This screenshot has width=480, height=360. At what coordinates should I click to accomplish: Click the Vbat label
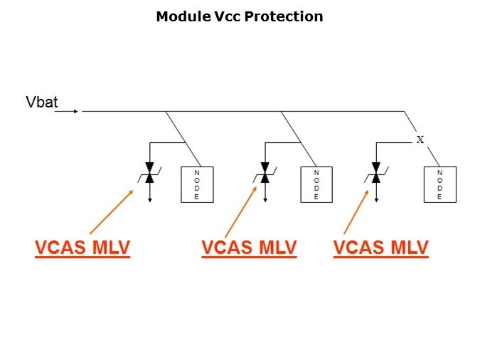tap(41, 102)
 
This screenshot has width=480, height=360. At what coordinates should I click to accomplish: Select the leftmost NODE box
tap(197, 184)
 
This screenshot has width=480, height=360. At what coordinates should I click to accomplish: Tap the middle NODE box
tap(316, 184)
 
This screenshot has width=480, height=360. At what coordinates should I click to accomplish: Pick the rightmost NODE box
tap(439, 184)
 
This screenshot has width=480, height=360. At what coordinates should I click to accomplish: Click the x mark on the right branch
tap(420, 139)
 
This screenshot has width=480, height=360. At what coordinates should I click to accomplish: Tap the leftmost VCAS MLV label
tap(82, 248)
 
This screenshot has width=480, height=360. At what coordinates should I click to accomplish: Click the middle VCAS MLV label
tap(249, 248)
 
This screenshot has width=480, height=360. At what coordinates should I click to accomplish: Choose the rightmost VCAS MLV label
tap(380, 248)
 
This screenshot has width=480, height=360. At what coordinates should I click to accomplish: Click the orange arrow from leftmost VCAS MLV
tap(112, 211)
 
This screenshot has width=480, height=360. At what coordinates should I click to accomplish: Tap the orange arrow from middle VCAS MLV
tap(240, 211)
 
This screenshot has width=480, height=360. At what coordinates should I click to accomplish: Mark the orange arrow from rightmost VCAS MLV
tap(356, 211)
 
